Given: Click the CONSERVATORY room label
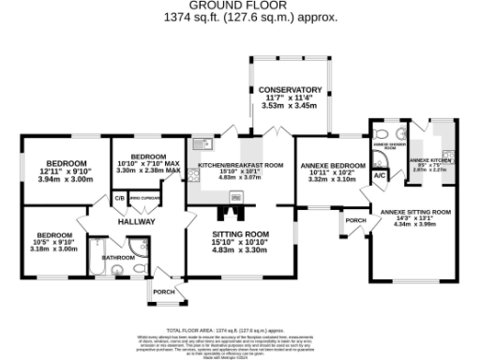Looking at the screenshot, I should (x=291, y=90).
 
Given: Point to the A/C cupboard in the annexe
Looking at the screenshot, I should (x=380, y=175).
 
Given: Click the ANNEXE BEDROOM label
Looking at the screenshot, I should (x=331, y=165).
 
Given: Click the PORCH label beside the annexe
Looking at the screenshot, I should (x=355, y=221).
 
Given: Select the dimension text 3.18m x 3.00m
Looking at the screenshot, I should (x=52, y=249).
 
